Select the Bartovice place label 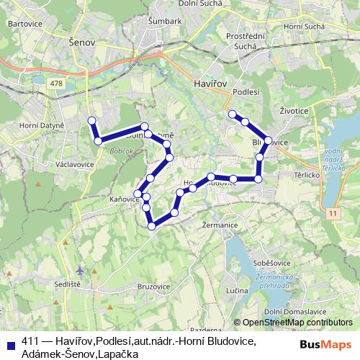[x=21, y=24]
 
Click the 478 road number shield [x=57, y=84]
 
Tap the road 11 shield [x=331, y=213]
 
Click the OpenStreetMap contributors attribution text [x=296, y=322]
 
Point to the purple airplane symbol [x=79, y=271]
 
